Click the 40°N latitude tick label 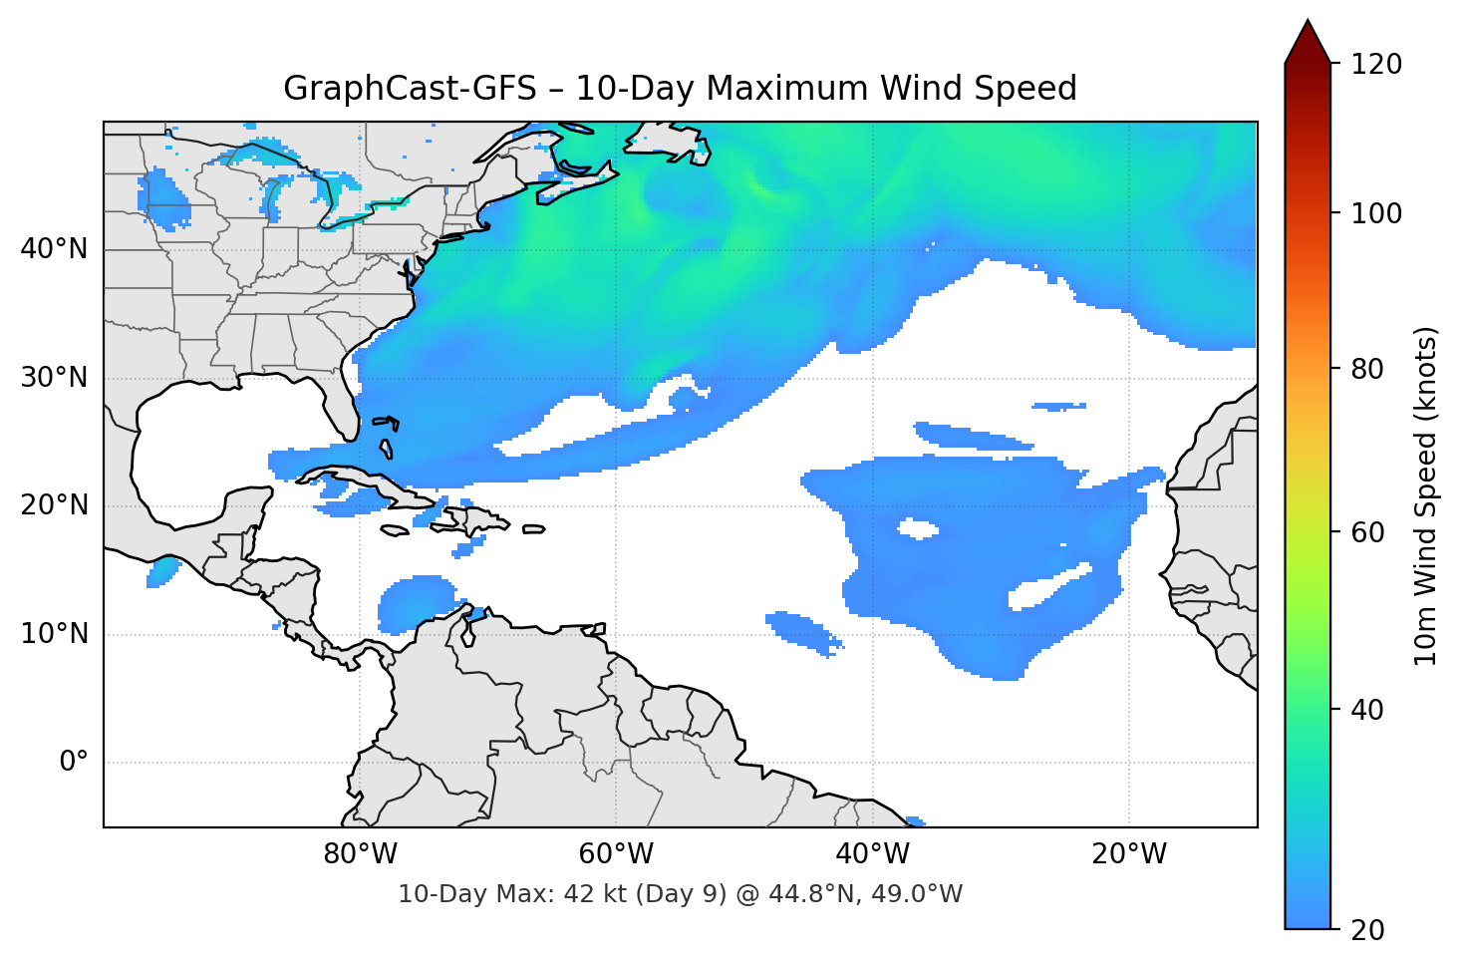tap(54, 249)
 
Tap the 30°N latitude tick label tap(54, 378)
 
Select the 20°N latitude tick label tap(54, 505)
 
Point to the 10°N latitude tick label tap(54, 634)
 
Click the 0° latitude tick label tap(74, 763)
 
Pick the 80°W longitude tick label tap(361, 854)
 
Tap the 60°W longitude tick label tap(617, 854)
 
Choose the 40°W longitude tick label tap(873, 854)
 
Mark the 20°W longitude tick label tap(1129, 854)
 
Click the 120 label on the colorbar tap(1376, 65)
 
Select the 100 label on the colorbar tap(1376, 213)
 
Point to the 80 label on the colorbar tap(1367, 369)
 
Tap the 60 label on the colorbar tap(1367, 532)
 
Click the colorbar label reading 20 tap(1367, 930)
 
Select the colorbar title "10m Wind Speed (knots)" tap(1426, 496)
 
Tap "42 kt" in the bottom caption tap(594, 894)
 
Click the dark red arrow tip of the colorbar tap(1308, 40)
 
